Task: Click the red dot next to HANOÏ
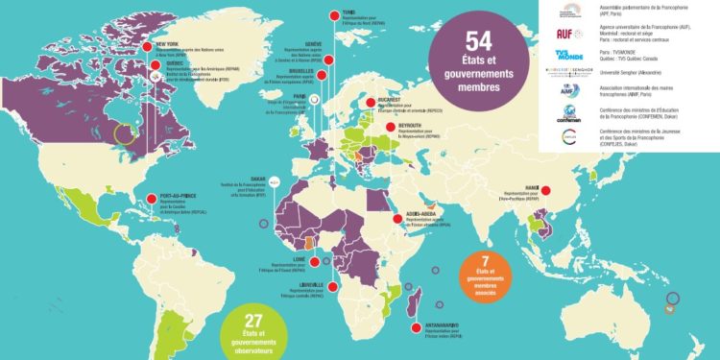click(x=546, y=192)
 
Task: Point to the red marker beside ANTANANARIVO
click(x=415, y=329)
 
